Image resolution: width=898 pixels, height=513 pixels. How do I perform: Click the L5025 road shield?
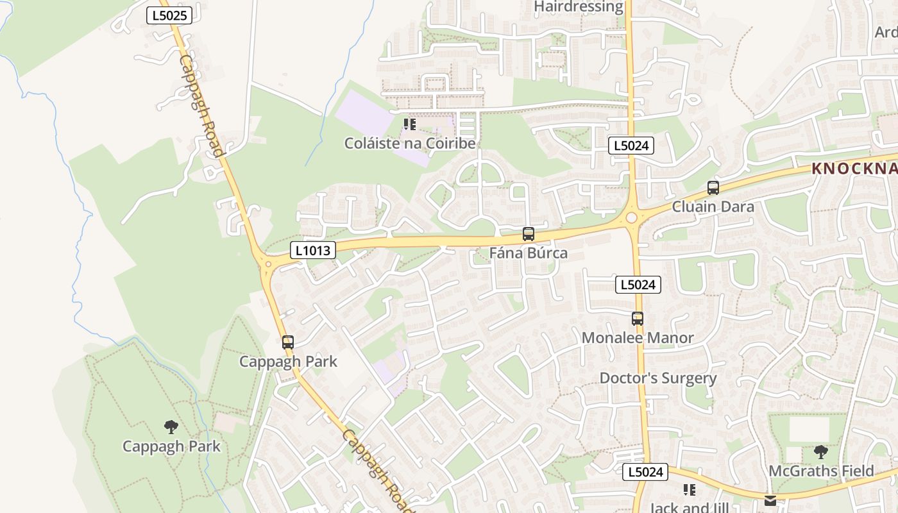coord(169,15)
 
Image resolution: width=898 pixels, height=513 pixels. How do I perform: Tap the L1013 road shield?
coord(313,250)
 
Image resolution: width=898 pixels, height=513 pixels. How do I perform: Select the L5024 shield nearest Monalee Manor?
coord(638,285)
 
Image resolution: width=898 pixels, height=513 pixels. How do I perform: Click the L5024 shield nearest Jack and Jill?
coord(645,473)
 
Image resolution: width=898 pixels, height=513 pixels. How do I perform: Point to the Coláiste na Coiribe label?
coord(410,143)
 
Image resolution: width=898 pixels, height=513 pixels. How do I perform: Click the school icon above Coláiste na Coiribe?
coord(410,124)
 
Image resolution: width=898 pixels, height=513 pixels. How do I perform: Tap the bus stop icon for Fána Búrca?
coord(529,234)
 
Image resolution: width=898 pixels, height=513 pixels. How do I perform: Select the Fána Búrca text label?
coord(529,253)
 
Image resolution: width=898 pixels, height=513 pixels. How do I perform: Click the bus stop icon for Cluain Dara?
coord(713,188)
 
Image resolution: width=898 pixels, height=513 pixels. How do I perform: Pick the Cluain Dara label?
coord(713,207)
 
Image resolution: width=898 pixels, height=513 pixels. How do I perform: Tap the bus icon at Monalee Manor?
coord(638,319)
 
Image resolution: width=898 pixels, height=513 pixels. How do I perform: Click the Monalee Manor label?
coord(638,338)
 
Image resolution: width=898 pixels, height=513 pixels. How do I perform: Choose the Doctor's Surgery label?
coord(658,378)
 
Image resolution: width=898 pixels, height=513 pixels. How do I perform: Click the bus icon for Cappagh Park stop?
coord(288,342)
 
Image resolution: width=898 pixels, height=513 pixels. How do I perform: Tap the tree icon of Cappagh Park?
coord(171,426)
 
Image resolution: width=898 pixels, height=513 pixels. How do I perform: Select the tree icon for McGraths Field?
coord(821,452)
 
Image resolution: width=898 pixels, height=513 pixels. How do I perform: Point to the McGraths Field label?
coord(822,471)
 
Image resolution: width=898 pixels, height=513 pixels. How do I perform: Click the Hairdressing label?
coord(579,6)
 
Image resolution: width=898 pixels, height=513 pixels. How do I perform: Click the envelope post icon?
coord(770,500)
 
